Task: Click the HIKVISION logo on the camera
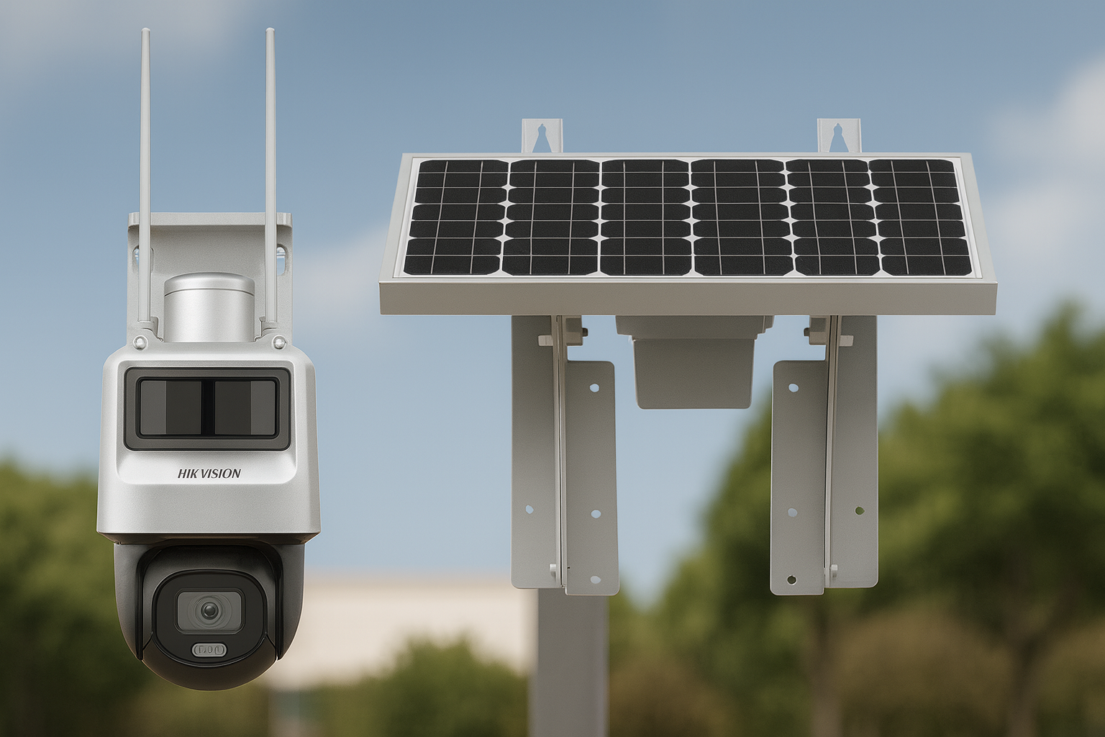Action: [209, 474]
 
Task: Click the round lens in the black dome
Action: [209, 612]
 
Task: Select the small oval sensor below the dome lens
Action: [209, 650]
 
